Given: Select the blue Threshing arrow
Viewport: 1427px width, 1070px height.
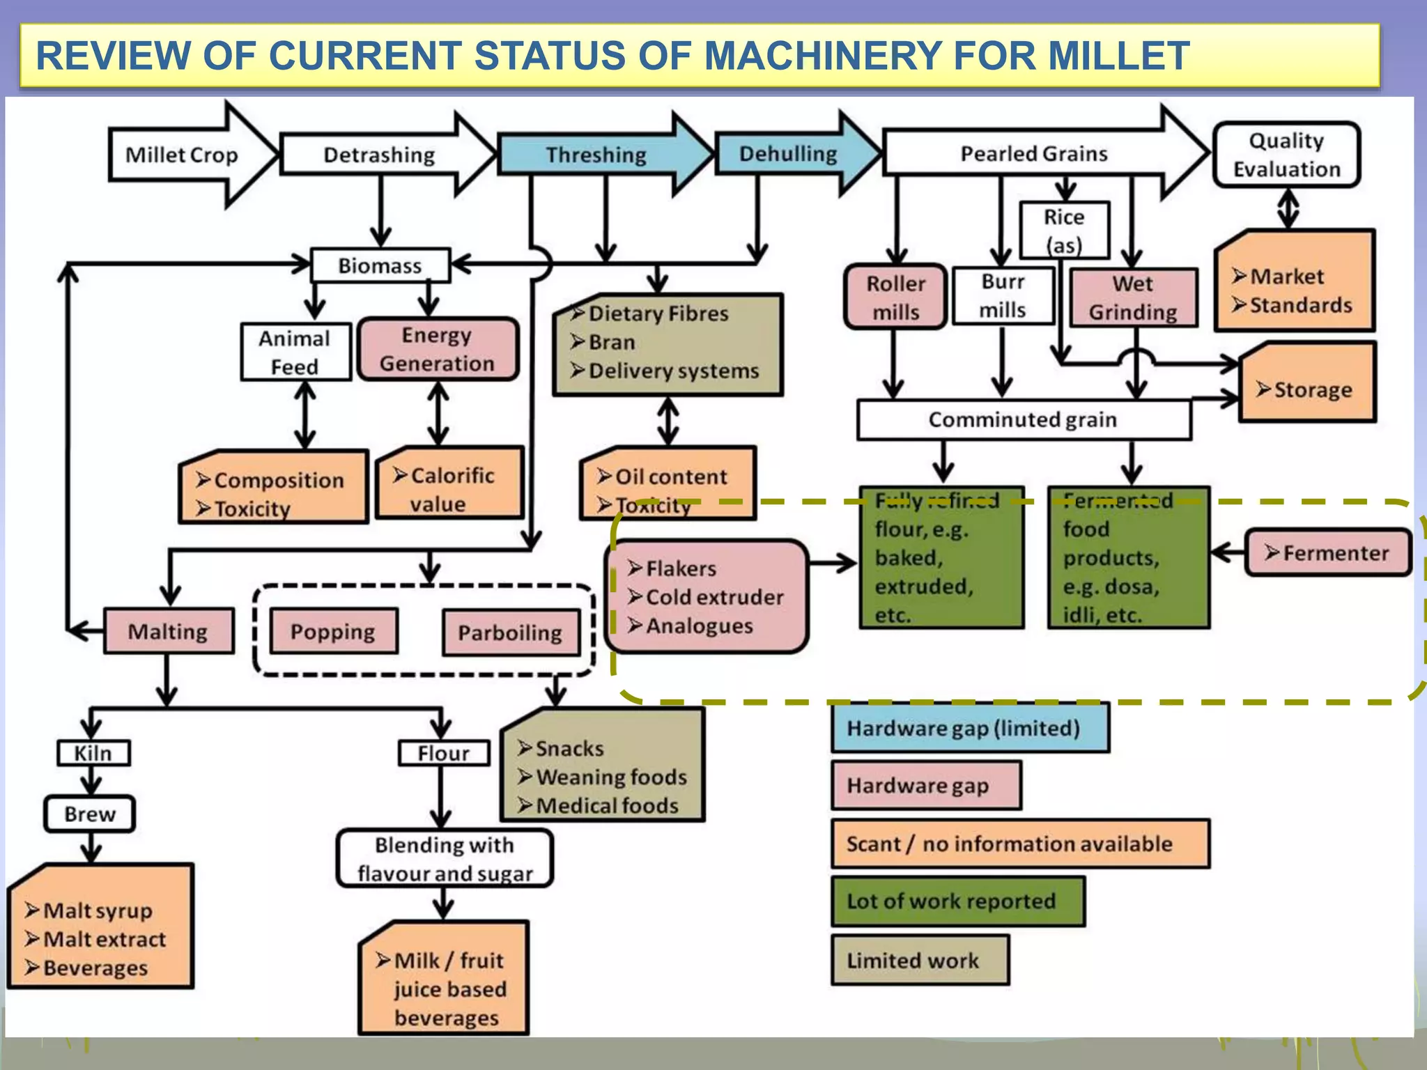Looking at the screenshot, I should pos(596,155).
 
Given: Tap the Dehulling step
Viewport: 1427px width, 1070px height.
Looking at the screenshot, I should pos(788,154).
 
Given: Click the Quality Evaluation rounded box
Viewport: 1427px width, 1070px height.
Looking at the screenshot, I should pos(1286,155).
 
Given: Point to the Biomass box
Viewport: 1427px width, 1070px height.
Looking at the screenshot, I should pos(380,265).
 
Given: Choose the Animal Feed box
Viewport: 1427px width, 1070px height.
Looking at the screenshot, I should pos(295,352).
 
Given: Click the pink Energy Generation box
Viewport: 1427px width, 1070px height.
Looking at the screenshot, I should pos(438,349).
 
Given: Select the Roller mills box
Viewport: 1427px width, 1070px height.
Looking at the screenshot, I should pos(895,297).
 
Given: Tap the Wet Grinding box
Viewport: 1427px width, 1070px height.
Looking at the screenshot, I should pos(1133,297).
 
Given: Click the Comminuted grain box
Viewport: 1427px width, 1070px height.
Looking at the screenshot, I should pos(1023,419).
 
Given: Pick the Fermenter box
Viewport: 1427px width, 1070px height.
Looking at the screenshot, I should pos(1327,553).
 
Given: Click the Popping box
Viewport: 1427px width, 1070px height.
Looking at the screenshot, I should pos(333,631).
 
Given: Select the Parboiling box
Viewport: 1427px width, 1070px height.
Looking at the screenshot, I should pos(510,633).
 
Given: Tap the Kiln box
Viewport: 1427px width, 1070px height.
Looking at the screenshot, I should pos(93,753).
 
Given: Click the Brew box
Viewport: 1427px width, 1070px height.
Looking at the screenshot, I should pos(90,814).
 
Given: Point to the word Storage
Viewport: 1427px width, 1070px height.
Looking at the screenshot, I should pos(1313,389).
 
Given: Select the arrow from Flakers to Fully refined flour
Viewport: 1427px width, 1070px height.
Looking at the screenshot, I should pos(833,563).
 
